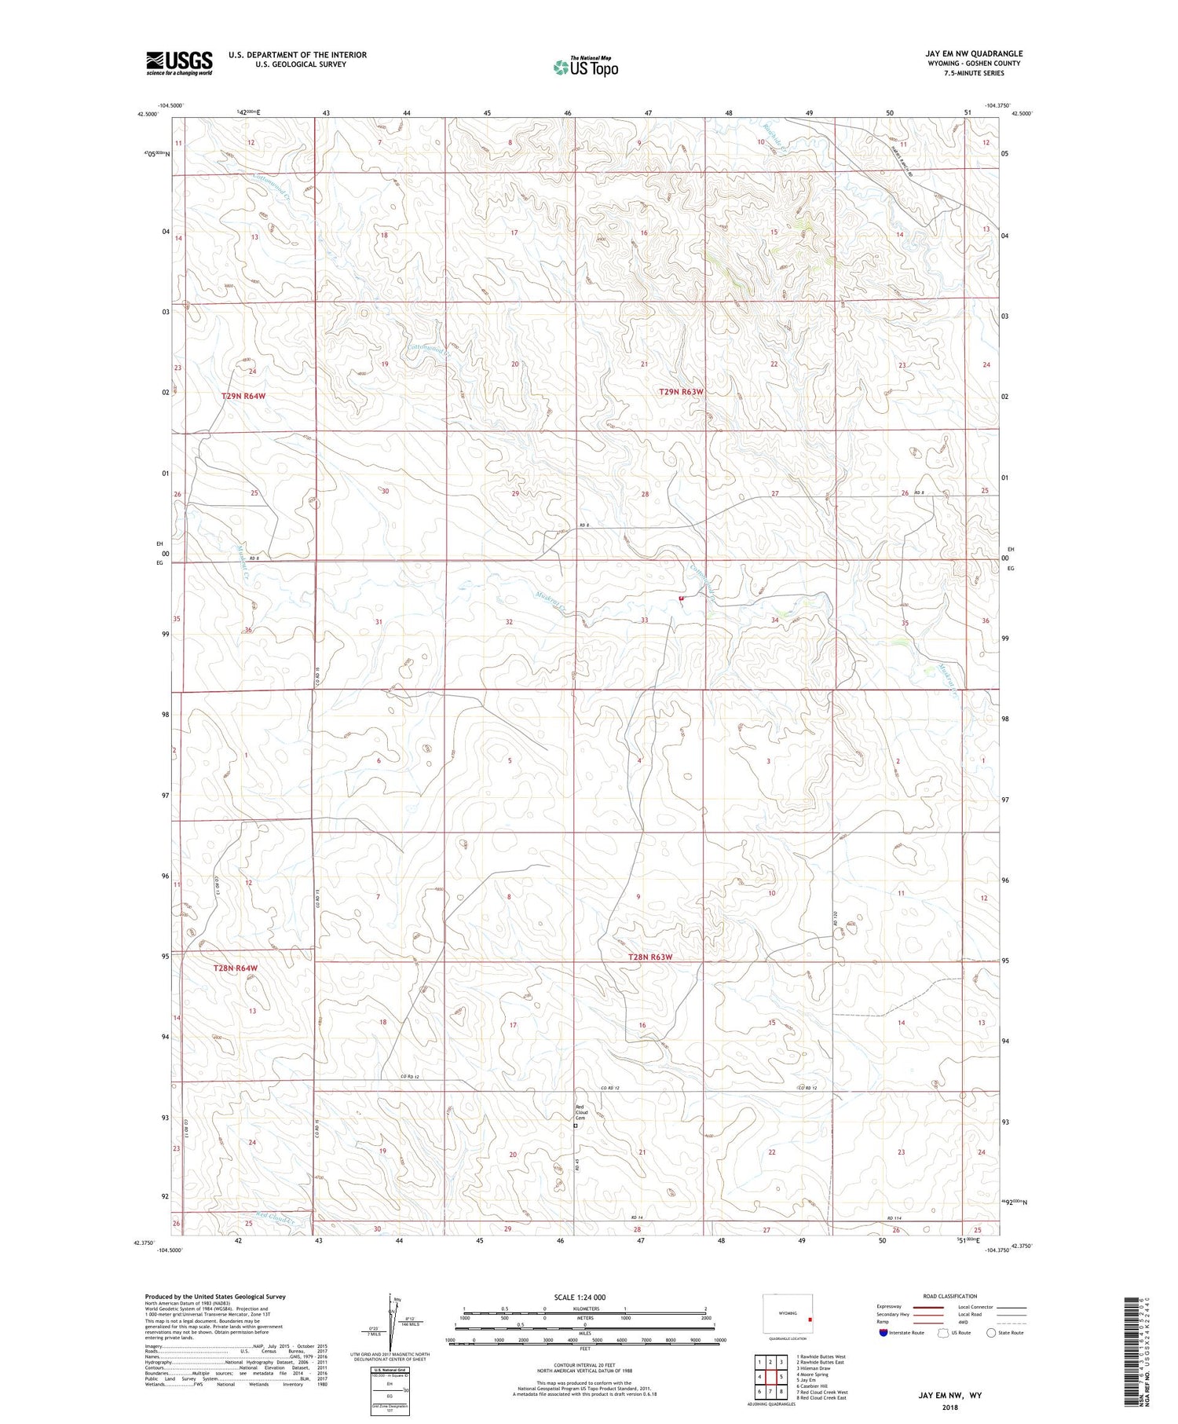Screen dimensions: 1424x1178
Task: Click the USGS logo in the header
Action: pos(179,63)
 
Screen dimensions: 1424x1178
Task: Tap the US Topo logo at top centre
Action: pos(585,67)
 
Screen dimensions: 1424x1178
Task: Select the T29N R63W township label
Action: pos(681,391)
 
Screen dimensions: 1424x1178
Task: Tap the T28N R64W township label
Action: pos(235,968)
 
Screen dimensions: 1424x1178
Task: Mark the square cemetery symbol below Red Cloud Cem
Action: pos(576,1126)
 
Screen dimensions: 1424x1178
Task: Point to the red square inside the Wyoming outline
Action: pos(809,1320)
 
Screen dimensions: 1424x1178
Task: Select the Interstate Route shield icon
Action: pos(883,1333)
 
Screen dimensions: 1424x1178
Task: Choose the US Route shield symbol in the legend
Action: pos(943,1333)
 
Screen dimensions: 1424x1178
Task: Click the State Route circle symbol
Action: pos(991,1333)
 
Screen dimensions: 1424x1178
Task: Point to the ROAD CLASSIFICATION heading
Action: pos(949,1296)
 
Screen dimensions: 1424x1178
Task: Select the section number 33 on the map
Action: pos(644,620)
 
